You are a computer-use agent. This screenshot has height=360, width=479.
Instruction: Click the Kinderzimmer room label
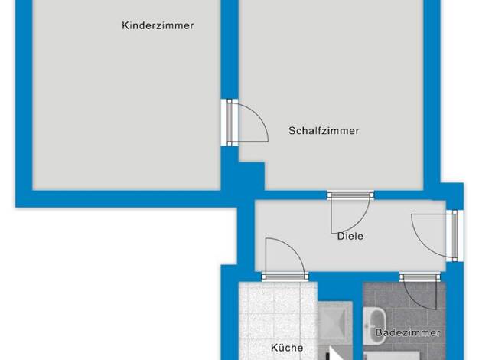[x=158, y=25]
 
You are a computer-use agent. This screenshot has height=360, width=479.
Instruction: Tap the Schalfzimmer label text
[x=324, y=131]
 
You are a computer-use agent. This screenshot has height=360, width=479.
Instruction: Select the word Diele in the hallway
[x=350, y=236]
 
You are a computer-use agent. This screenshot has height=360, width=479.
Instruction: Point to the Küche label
[x=287, y=348]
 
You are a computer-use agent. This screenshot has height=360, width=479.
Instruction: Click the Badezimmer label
[x=408, y=332]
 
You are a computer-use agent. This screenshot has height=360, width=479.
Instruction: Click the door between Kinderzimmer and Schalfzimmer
[x=244, y=123]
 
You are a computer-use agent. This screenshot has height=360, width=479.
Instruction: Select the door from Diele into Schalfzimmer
[x=350, y=213]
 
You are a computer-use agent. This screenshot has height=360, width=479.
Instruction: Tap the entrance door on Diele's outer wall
[x=435, y=235]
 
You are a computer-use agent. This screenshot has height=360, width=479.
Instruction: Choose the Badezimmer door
[x=420, y=291]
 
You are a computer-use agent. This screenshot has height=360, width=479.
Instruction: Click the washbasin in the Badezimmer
[x=374, y=326]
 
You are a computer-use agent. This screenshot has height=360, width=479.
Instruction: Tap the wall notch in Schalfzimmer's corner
[x=252, y=176]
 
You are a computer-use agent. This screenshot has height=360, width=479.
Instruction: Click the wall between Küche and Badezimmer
[x=357, y=321]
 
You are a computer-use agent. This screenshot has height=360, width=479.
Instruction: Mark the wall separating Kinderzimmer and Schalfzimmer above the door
[x=230, y=49]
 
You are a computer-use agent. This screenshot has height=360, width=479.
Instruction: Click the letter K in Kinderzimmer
[x=125, y=25]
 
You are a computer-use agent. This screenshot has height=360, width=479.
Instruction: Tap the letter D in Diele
[x=341, y=236]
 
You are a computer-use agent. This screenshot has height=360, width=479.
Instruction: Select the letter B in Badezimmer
[x=379, y=332]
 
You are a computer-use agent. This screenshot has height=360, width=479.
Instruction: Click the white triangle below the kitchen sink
[x=336, y=354]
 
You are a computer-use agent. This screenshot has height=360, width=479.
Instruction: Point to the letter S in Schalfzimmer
[x=292, y=131]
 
